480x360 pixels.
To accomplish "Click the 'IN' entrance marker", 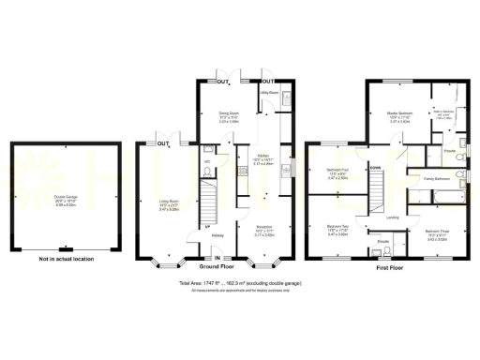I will pos(217,258).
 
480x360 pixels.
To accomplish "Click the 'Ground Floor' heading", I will pos(217,266).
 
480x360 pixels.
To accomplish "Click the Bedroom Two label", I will pos(338,230).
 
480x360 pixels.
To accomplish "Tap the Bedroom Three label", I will pos(437,233).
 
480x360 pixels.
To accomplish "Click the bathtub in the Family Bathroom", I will pos(437,194).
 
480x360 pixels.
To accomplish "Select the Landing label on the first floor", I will pos(393,218).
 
